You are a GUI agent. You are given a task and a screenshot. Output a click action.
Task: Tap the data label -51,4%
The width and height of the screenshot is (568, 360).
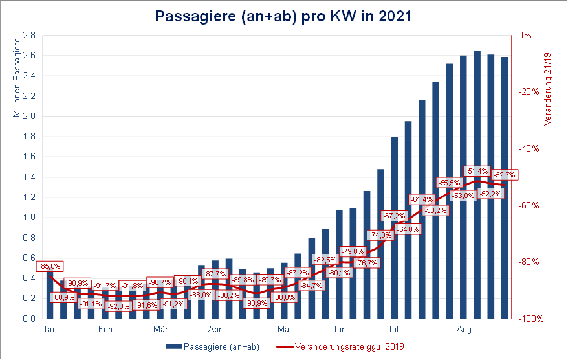pos(477,171)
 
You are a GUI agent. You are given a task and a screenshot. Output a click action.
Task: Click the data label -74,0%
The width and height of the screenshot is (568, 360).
pos(380,235)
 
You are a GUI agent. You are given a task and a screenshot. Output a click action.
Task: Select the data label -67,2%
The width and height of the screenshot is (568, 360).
pos(394,216)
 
